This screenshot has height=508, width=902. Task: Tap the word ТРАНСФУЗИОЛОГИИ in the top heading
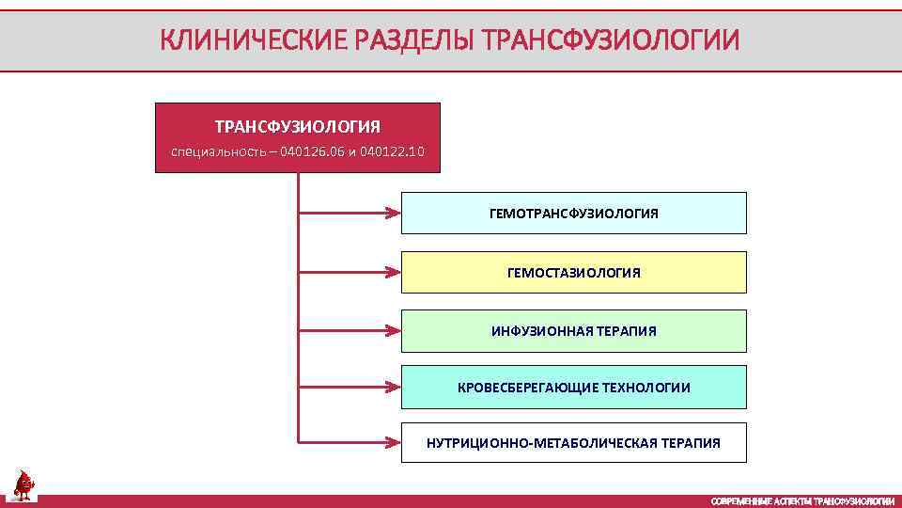click(610, 40)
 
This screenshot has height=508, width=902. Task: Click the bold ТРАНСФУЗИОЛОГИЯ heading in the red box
click(297, 126)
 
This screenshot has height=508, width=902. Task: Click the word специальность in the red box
click(216, 151)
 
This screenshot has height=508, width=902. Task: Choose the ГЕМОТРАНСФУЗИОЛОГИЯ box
click(573, 214)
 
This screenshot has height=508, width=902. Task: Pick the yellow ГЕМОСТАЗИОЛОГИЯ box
click(573, 273)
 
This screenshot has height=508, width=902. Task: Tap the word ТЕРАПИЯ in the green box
click(625, 331)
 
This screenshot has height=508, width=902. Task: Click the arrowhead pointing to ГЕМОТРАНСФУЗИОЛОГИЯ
click(394, 214)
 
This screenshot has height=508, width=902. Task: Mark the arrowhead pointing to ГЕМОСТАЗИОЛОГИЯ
click(394, 273)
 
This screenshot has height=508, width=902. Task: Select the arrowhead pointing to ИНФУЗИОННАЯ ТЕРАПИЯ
click(394, 331)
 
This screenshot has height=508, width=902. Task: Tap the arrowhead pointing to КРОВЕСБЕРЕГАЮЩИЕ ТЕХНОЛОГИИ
click(394, 386)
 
